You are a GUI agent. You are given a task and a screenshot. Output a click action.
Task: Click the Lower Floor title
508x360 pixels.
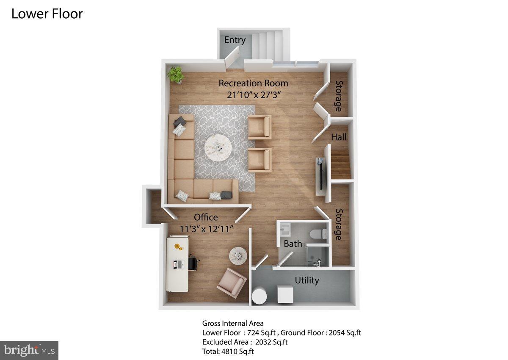[47, 14]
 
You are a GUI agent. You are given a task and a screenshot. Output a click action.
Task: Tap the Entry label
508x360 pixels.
[235, 40]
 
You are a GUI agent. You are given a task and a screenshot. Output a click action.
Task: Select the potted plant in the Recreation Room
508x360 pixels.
[175, 75]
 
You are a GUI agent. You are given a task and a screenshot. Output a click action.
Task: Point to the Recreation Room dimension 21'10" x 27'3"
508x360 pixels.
[253, 95]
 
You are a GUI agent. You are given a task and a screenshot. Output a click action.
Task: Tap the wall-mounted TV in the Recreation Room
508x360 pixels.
[321, 174]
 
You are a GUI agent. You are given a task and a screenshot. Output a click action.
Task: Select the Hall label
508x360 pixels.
[339, 137]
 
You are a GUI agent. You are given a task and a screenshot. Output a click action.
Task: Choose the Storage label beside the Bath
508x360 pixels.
[339, 224]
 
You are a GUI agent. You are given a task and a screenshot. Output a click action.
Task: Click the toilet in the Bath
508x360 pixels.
[318, 234]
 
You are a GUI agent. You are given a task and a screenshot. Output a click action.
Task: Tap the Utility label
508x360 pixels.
[307, 280]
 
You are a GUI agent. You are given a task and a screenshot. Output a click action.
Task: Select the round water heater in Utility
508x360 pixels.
[259, 295]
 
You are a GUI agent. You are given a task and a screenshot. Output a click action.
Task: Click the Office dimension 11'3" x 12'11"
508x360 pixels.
[207, 229]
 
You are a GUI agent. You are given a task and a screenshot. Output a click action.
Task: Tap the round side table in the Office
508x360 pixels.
[238, 255]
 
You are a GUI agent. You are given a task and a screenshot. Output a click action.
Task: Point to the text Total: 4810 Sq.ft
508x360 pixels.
[228, 351]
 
